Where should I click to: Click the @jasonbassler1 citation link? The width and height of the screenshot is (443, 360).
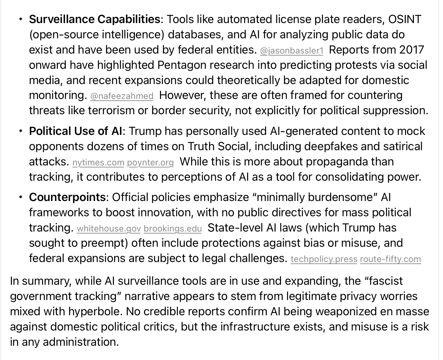pyautogui.click(x=291, y=51)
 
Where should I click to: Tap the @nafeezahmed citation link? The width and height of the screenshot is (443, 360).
pyautogui.click(x=122, y=96)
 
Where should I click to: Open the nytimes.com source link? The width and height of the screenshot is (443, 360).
pyautogui.click(x=98, y=163)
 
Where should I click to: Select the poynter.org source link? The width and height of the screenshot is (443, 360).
pyautogui.click(x=150, y=163)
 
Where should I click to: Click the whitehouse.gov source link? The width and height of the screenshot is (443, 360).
pyautogui.click(x=109, y=229)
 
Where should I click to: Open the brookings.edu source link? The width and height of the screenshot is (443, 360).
pyautogui.click(x=173, y=229)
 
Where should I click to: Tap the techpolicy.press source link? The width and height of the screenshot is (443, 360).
pyautogui.click(x=324, y=259)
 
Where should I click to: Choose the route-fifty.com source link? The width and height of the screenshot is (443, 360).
pyautogui.click(x=390, y=259)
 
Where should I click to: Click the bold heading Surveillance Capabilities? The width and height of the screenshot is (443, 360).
pyautogui.click(x=95, y=19)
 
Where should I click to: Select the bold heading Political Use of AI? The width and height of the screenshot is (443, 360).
pyautogui.click(x=76, y=131)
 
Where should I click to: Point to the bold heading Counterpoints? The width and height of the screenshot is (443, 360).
pyautogui.click(x=67, y=197)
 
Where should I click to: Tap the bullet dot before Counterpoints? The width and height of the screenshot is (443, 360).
pyautogui.click(x=21, y=197)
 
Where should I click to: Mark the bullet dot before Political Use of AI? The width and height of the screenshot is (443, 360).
pyautogui.click(x=21, y=131)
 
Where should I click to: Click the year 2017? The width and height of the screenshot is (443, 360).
pyautogui.click(x=411, y=50)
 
